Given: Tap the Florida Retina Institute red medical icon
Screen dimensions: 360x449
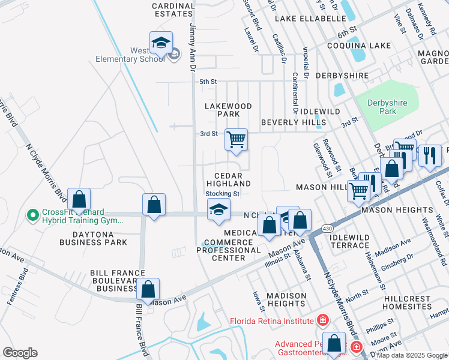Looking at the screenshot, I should pos(324,320).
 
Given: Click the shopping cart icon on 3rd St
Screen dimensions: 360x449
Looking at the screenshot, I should pos(236,139).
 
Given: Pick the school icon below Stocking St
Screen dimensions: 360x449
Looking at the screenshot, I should pos(218,209).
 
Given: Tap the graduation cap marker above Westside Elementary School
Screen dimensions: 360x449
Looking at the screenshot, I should pos(161,42).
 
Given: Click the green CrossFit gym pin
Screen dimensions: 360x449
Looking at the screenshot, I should pos(32,214).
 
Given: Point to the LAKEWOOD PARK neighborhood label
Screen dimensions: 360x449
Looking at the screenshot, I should pos(228,110).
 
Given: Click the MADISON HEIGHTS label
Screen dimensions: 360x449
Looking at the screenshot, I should pos(286,300).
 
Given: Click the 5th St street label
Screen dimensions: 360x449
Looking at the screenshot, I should pos(208,82).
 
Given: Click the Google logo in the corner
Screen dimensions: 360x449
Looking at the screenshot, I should pos(20,353).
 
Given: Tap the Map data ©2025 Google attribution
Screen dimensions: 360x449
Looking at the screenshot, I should pos(411,355).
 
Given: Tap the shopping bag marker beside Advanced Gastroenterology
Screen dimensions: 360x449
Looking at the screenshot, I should pos(335,344).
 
